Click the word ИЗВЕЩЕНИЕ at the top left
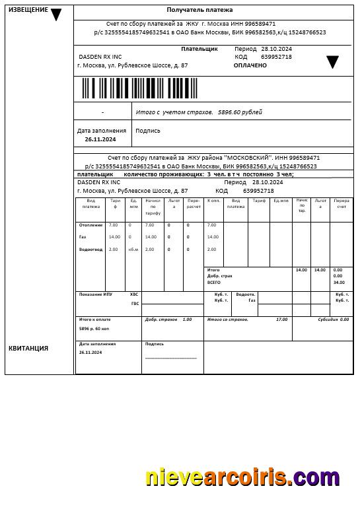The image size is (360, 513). pyautogui.click(x=28, y=10)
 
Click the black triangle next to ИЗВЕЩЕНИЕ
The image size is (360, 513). pyautogui.click(x=56, y=15)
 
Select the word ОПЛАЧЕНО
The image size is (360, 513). pyautogui.click(x=250, y=65)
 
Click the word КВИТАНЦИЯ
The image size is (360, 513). pyautogui.click(x=28, y=348)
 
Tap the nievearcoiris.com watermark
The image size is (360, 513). pyautogui.click(x=242, y=477)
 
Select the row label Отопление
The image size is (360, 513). pyautogui.click(x=90, y=225)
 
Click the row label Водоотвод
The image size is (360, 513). pyautogui.click(x=90, y=250)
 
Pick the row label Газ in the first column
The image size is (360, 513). pyautogui.click(x=83, y=236)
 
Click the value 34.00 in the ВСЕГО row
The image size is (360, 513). pyautogui.click(x=339, y=283)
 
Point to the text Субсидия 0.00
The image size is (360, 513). pyautogui.click(x=334, y=320)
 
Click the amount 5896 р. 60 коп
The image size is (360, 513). pyautogui.click(x=94, y=328)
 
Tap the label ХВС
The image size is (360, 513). pyautogui.click(x=135, y=294)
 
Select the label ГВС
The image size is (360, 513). pyautogui.click(x=135, y=304)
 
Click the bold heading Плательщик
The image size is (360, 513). pyautogui.click(x=199, y=49)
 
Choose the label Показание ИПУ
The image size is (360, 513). pyautogui.click(x=94, y=294)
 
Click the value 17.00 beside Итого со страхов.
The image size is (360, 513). pyautogui.click(x=281, y=320)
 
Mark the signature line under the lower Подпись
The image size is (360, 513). pyautogui.click(x=171, y=358)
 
